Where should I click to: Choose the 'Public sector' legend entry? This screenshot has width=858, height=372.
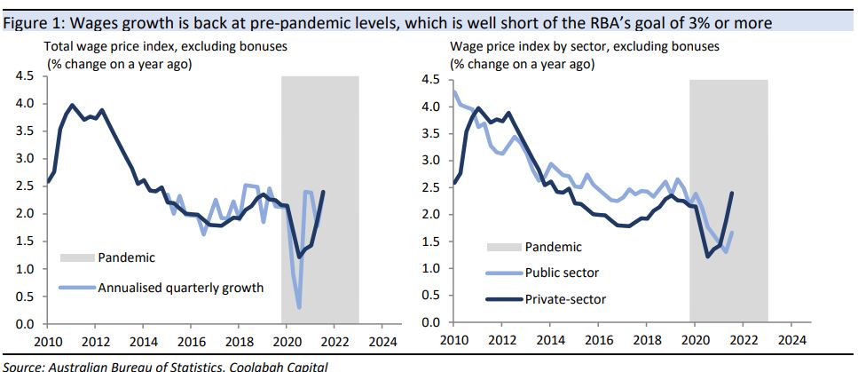click(562, 273)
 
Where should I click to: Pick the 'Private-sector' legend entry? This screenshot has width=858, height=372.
click(566, 299)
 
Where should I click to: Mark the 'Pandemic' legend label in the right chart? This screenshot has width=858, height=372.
click(554, 248)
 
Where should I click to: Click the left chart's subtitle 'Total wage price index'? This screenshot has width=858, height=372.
click(117, 46)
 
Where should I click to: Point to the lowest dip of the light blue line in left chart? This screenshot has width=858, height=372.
click(299, 307)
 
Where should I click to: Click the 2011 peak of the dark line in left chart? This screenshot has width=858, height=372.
click(72, 105)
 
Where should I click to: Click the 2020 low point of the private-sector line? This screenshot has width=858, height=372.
click(707, 257)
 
